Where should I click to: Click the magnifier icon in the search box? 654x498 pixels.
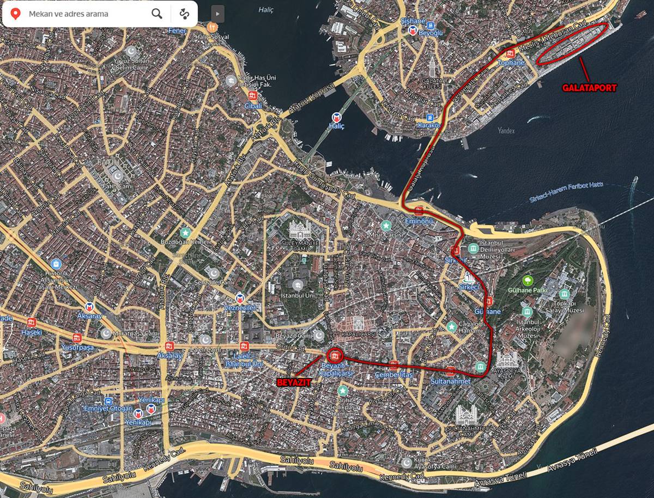(157, 14)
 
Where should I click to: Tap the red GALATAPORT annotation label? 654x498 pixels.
(589, 87)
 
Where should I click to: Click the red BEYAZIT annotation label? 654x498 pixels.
(294, 382)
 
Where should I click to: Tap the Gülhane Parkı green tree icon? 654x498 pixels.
(527, 281)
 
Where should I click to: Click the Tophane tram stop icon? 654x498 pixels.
(510, 53)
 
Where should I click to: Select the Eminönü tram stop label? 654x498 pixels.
(419, 221)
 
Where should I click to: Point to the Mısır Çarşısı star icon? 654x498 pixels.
(386, 225)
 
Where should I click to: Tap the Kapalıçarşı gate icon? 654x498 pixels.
(358, 323)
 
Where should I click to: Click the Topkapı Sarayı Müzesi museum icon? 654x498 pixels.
(564, 294)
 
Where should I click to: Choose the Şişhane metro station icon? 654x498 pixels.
(413, 30)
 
